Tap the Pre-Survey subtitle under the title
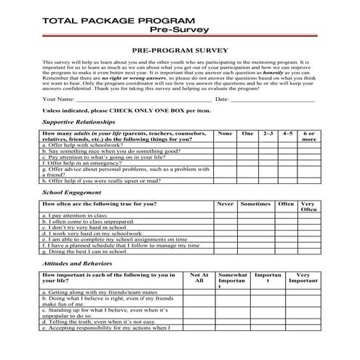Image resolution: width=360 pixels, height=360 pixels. point(178,30)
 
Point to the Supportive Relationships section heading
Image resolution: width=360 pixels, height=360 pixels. point(79,122)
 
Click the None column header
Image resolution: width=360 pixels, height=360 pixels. point(225,134)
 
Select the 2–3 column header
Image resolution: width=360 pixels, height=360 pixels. point(268,134)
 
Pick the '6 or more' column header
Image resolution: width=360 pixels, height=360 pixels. point(308,137)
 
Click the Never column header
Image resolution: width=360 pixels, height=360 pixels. point(225,204)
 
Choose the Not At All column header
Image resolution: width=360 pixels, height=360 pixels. point(199,278)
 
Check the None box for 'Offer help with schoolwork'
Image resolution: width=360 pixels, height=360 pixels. point(225,145)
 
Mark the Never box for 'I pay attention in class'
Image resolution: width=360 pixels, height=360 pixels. point(225,216)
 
